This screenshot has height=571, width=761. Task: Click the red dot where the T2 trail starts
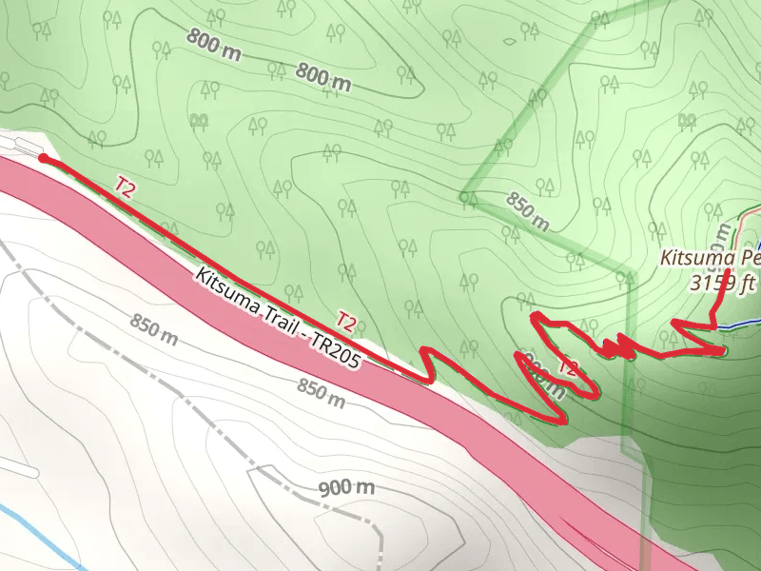pos(43,158)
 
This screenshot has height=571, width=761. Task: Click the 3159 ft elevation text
pos(723,283)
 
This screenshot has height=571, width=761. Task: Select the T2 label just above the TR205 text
pos(346,322)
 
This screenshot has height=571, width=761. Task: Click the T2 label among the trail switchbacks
pos(568,367)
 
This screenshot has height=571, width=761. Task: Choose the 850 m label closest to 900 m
pos(321,391)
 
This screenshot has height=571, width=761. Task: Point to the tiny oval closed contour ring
pos(511,41)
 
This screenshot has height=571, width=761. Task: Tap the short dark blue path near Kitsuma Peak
pos(737,326)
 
